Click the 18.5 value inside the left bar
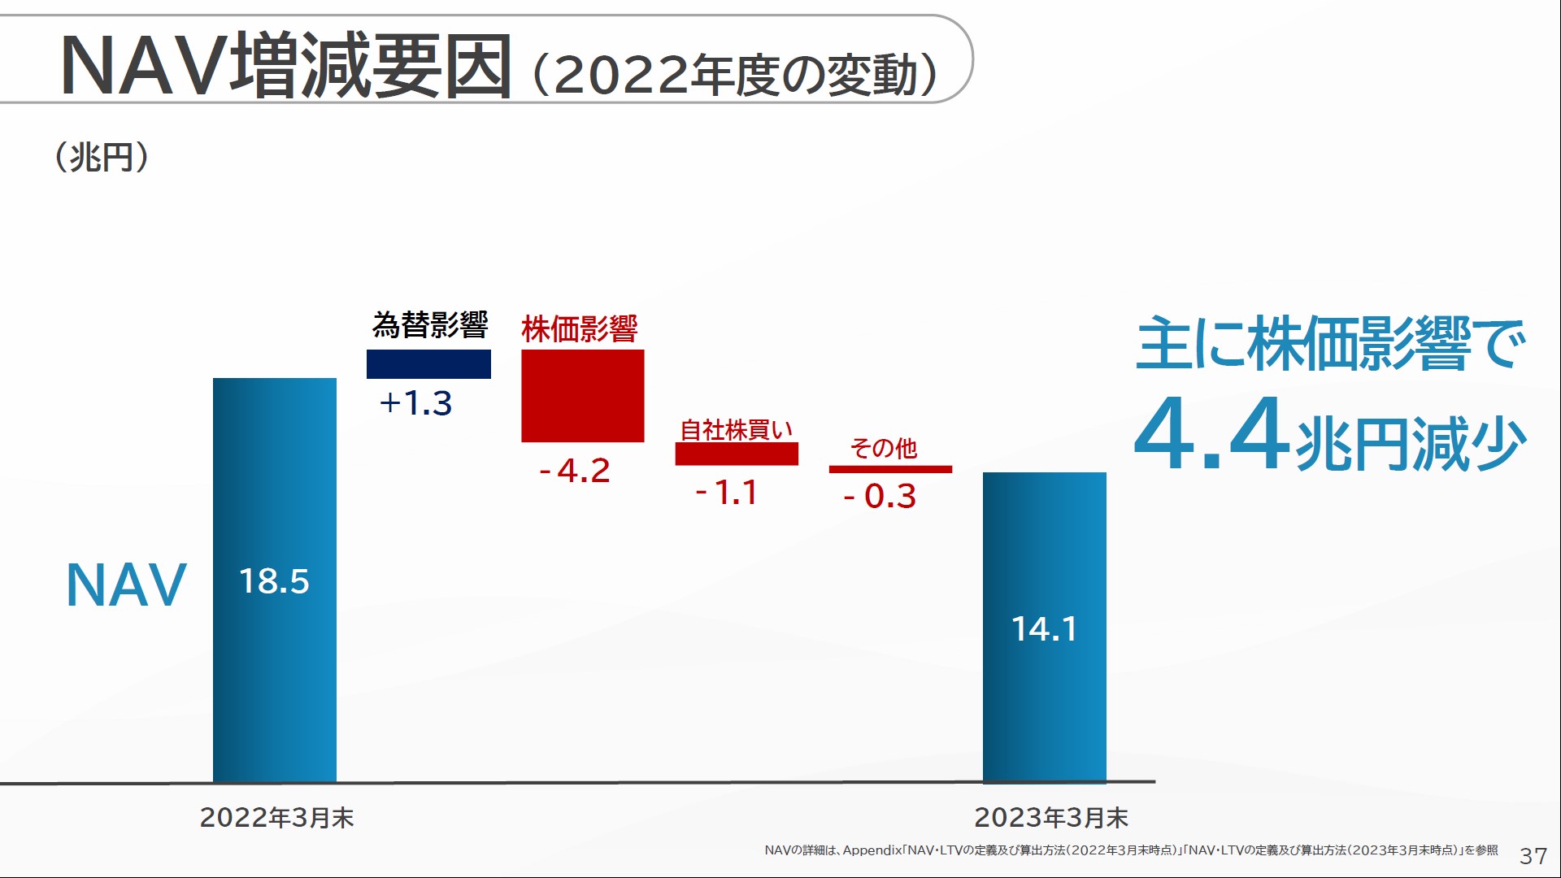point(274,581)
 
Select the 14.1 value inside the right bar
point(1044,628)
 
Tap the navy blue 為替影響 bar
point(428,364)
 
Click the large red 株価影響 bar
point(582,396)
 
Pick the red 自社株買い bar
point(737,454)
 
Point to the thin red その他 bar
point(890,469)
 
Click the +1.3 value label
point(415,403)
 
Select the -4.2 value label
point(575,471)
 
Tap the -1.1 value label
point(727,493)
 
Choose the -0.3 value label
point(880,496)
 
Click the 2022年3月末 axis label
point(276,817)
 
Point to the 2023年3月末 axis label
point(1050,817)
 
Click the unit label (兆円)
point(102,157)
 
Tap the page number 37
point(1533,856)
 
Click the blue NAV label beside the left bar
point(126,585)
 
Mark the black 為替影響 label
point(430,325)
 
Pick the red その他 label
point(883,448)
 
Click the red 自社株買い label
point(736,429)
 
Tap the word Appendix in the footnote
point(872,850)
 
